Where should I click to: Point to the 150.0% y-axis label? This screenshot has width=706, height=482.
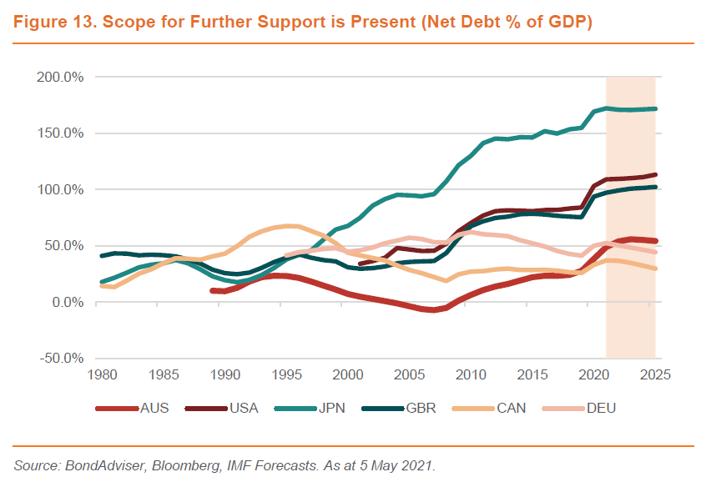pyautogui.click(x=62, y=133)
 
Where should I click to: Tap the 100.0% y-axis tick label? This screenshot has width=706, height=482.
pyautogui.click(x=62, y=189)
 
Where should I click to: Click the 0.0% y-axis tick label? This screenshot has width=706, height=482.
pyautogui.click(x=67, y=303)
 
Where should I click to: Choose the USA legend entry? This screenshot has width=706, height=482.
pyautogui.click(x=244, y=408)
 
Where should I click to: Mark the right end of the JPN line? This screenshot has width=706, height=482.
pyautogui.click(x=655, y=108)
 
